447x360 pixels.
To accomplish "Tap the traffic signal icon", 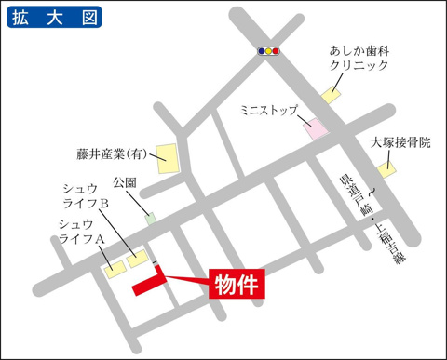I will [270, 51].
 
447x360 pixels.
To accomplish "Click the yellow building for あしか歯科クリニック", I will [332, 93].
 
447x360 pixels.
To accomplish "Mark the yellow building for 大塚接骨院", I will [386, 170].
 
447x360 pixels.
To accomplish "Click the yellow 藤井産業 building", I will [168, 156].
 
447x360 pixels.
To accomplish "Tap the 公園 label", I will [125, 181].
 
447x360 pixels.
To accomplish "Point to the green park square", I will [151, 219].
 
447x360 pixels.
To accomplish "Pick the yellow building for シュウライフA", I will [115, 269].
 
